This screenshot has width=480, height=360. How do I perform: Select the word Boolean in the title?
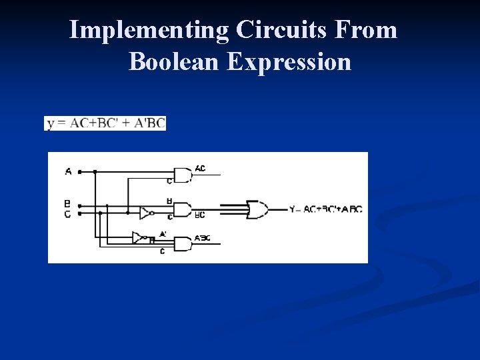(174, 61)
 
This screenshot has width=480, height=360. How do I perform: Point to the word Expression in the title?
(288, 61)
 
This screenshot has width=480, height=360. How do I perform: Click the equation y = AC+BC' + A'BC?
(105, 123)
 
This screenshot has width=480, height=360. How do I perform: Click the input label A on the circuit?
(68, 171)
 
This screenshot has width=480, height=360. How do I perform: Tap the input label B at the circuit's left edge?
(67, 203)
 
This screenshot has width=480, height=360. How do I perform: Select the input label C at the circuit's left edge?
(67, 214)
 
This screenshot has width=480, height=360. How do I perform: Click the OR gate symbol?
(257, 209)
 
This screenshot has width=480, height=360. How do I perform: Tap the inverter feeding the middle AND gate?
(146, 213)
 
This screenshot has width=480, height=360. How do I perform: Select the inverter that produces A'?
(139, 237)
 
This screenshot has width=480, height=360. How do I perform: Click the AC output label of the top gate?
(200, 168)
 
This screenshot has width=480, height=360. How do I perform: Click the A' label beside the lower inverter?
(163, 234)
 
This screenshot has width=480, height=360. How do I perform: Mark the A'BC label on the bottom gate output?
(203, 238)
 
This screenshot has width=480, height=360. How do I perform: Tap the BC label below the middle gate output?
(199, 215)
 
